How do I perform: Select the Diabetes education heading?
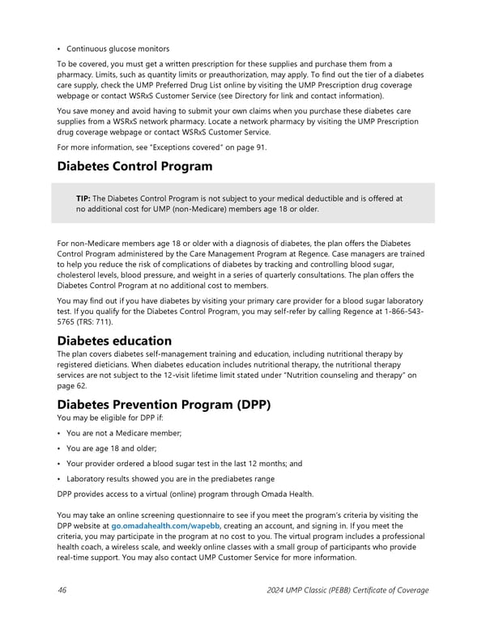tap(113, 340)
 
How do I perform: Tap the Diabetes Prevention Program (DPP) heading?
tap(164, 403)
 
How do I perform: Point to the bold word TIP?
tap(83, 198)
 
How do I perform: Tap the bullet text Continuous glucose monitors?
tap(118, 48)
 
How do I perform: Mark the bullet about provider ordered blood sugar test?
tap(184, 464)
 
